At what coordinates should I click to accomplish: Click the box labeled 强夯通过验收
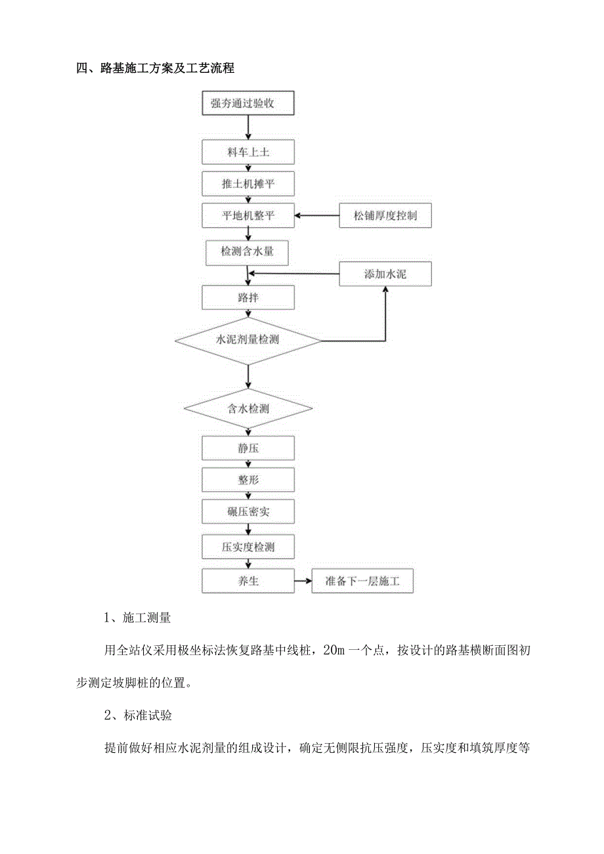click(248, 102)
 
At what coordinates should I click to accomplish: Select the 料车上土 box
click(248, 152)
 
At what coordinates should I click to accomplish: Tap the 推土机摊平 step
click(248, 184)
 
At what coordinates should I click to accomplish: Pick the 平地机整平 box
click(248, 215)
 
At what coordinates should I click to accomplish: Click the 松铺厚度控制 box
click(385, 215)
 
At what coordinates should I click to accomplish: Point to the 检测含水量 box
click(246, 251)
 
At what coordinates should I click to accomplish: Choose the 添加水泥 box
click(385, 274)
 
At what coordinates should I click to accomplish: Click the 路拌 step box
click(248, 298)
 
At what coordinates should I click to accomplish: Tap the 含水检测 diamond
click(248, 408)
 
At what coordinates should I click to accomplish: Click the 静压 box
click(248, 449)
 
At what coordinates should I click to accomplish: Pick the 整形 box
click(248, 480)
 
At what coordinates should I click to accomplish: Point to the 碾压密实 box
click(248, 511)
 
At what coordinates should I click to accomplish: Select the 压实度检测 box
click(248, 546)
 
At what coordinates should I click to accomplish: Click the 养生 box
click(248, 581)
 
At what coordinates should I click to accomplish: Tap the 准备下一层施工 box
click(362, 581)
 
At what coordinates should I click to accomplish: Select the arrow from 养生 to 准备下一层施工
click(303, 581)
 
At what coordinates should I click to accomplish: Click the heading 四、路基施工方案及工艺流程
click(156, 68)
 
